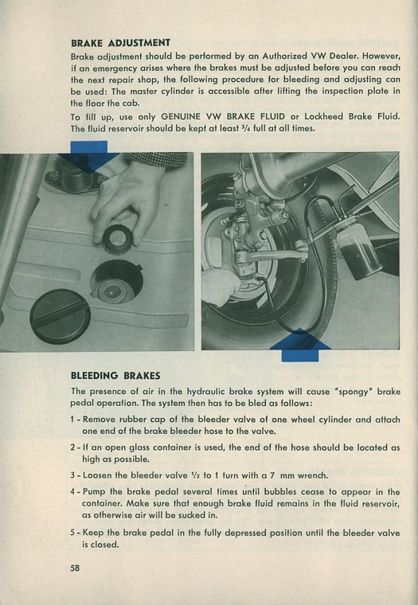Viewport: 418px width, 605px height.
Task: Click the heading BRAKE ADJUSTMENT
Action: point(120,42)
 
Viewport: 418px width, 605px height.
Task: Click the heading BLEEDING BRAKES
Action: point(115,376)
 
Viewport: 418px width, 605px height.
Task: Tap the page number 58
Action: point(76,568)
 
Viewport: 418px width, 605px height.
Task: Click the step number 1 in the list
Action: point(72,420)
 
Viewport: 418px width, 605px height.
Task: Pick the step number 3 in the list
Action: point(72,475)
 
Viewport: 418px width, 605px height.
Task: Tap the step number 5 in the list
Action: point(72,533)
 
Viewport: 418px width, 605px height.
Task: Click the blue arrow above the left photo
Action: point(89,155)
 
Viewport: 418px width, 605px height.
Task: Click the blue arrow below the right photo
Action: point(300,345)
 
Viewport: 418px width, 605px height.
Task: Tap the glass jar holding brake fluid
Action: point(359,256)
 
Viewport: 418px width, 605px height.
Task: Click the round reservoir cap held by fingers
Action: point(117,239)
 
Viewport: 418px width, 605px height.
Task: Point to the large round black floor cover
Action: point(61,316)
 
